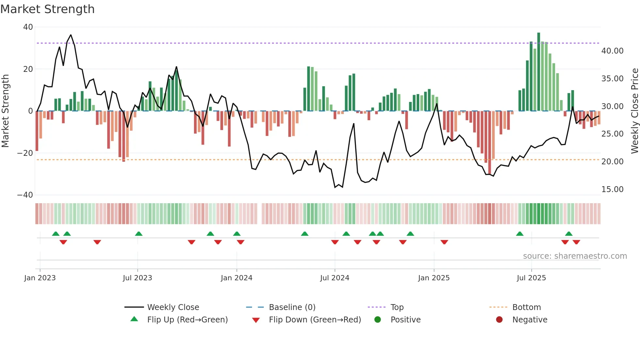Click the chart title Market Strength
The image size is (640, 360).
click(x=47, y=9)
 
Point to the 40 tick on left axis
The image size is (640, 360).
click(x=28, y=27)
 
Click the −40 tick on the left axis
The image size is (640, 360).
click(x=25, y=195)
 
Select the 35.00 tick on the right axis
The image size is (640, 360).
click(x=612, y=79)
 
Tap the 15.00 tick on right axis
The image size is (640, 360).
click(x=612, y=189)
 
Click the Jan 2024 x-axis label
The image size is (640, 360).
click(x=236, y=278)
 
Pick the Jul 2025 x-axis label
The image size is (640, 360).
click(x=531, y=278)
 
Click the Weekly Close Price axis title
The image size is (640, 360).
click(x=634, y=111)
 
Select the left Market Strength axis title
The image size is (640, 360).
click(x=6, y=111)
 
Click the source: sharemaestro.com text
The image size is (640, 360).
click(x=575, y=256)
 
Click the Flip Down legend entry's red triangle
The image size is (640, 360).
click(x=256, y=320)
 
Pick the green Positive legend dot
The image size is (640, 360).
click(x=378, y=320)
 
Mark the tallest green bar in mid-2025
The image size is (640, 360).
click(x=538, y=72)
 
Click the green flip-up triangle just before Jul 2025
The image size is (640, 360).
click(x=520, y=234)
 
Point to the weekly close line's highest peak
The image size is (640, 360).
click(x=71, y=35)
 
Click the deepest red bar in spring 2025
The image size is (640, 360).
click(x=489, y=142)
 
